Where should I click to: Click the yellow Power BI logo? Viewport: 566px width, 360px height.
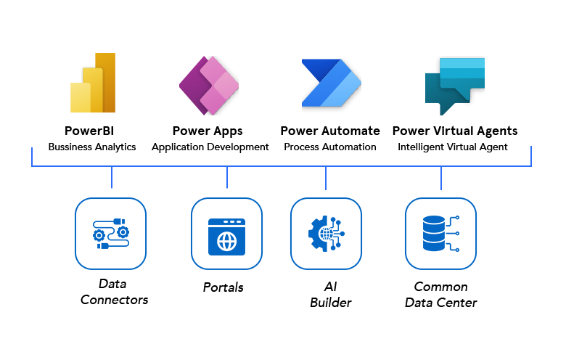coord(92,83)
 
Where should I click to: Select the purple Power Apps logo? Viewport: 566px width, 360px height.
coord(209,85)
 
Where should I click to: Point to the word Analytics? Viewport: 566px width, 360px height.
coord(115,147)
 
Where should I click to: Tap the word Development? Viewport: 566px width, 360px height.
coord(236,147)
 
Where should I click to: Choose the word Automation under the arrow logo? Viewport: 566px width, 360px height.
coord(350,147)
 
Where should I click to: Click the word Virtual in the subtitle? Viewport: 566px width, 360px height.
coord(466,147)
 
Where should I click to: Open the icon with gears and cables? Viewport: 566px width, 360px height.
coord(110,234)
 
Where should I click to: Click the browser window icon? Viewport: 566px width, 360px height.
coord(226,234)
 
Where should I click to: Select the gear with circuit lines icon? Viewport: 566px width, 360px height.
coord(326,234)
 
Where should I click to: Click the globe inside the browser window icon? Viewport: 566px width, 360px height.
coord(226,239)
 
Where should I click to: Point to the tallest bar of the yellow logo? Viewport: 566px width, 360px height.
coord(105,81)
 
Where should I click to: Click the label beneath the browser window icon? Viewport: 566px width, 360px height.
coord(223,287)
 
